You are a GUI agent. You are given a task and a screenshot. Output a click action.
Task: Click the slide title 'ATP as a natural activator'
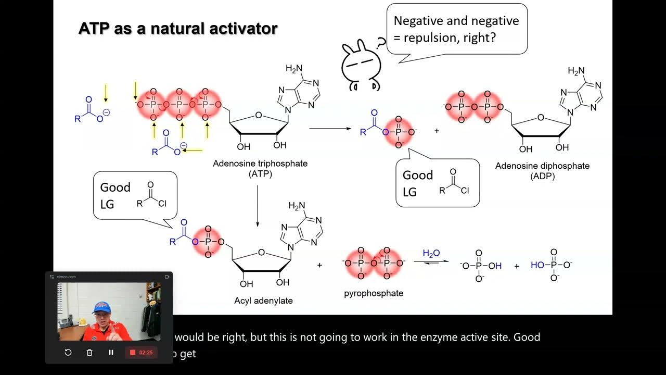[x=177, y=28]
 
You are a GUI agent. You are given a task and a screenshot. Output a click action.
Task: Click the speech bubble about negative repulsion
[x=456, y=29]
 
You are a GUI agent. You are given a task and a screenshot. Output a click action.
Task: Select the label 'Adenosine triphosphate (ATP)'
[x=260, y=168]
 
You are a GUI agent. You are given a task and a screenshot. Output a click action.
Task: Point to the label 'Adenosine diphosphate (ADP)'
[x=542, y=171]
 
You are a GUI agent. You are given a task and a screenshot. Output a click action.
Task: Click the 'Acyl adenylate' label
[x=263, y=301]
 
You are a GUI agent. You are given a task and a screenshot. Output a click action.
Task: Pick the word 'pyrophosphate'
[x=374, y=293]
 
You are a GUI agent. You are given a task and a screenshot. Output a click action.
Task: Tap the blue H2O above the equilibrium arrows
[x=431, y=254]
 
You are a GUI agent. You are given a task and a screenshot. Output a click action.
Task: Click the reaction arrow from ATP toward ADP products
[x=330, y=128]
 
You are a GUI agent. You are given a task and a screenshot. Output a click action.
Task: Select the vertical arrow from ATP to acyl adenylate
[x=258, y=205]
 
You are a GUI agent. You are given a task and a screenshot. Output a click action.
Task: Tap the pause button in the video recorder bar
[x=111, y=353]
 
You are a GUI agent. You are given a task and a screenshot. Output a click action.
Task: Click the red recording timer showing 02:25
[x=141, y=353]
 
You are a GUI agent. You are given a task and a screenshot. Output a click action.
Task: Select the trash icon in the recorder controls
[x=89, y=353]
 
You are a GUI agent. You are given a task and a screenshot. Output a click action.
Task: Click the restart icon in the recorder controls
[x=68, y=353]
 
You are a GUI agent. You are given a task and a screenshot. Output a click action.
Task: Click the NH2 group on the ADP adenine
[x=576, y=71]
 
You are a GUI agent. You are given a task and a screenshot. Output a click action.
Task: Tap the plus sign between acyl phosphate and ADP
[x=437, y=131]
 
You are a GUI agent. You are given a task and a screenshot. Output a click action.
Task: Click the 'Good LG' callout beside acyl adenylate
[x=135, y=195]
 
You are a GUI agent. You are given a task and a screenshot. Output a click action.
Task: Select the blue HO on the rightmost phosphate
[x=537, y=265]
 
